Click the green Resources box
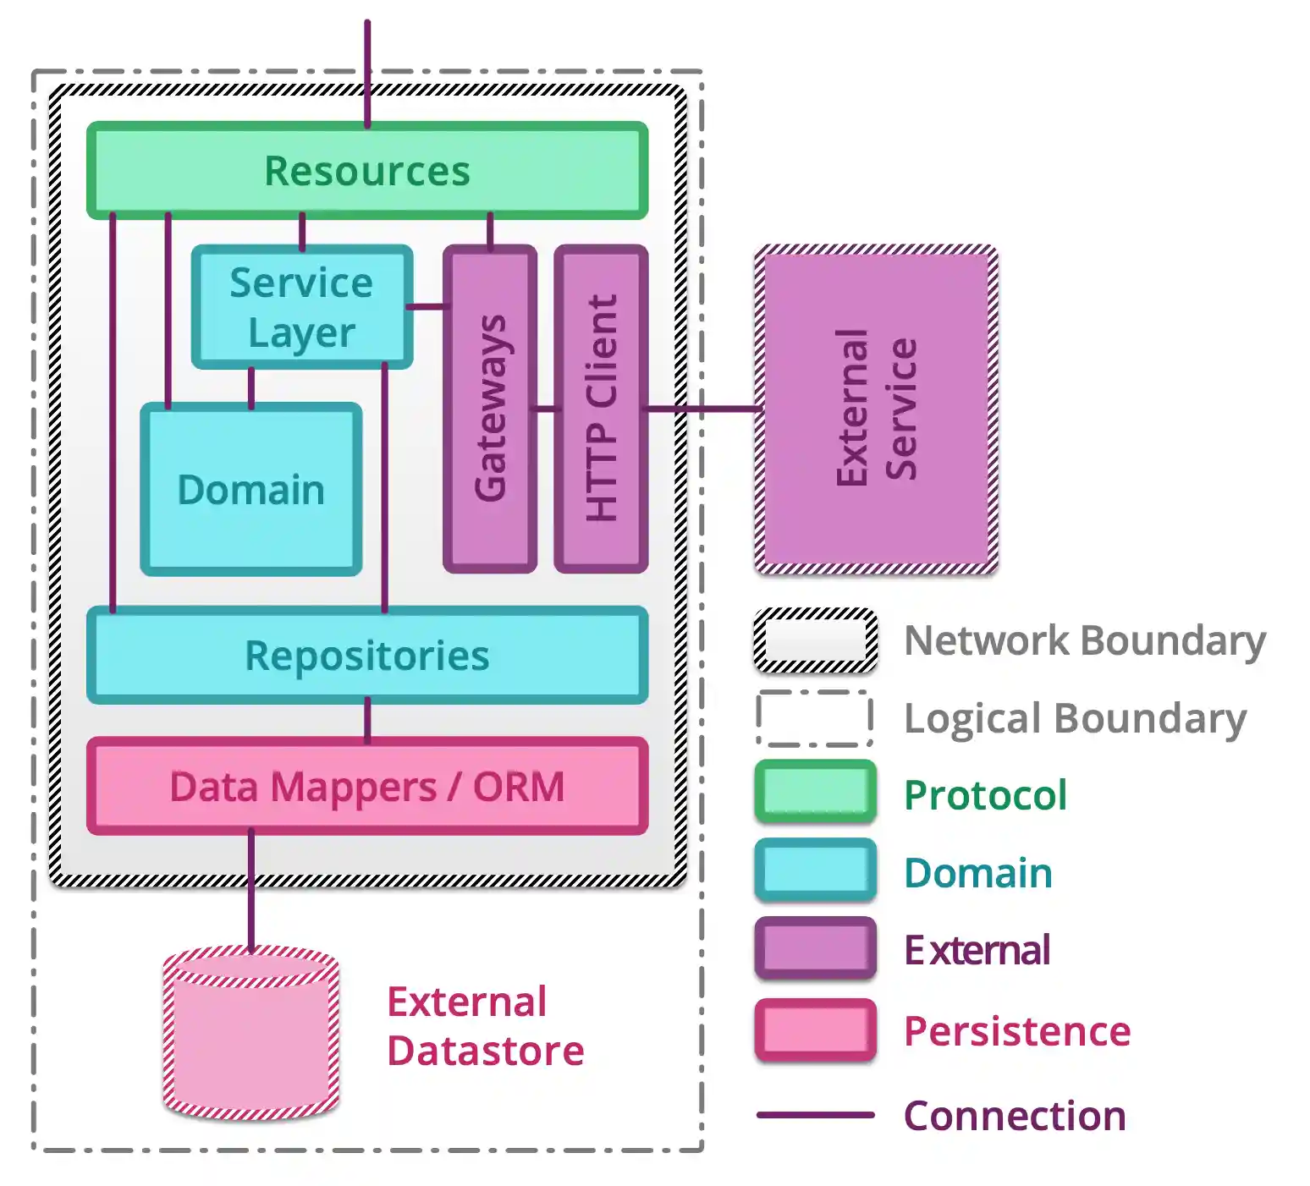pyautogui.click(x=367, y=171)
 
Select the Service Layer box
pyautogui.click(x=301, y=307)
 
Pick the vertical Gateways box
pyautogui.click(x=490, y=409)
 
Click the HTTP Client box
pyautogui.click(x=601, y=409)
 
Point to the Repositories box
pyautogui.click(x=367, y=656)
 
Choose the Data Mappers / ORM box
pyautogui.click(x=367, y=787)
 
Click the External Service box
pyautogui.click(x=876, y=409)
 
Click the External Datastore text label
pyautogui.click(x=484, y=1026)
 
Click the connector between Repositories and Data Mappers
pyautogui.click(x=367, y=720)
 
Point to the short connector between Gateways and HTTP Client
pyautogui.click(x=546, y=409)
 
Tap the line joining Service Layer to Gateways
pyautogui.click(x=427, y=306)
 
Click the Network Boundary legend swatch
pyautogui.click(x=815, y=640)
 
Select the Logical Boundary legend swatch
pyautogui.click(x=815, y=718)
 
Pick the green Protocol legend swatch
pyautogui.click(x=815, y=793)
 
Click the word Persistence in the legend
pyautogui.click(x=1016, y=1031)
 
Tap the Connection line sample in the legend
pyautogui.click(x=815, y=1115)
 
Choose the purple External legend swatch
pyautogui.click(x=815, y=949)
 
